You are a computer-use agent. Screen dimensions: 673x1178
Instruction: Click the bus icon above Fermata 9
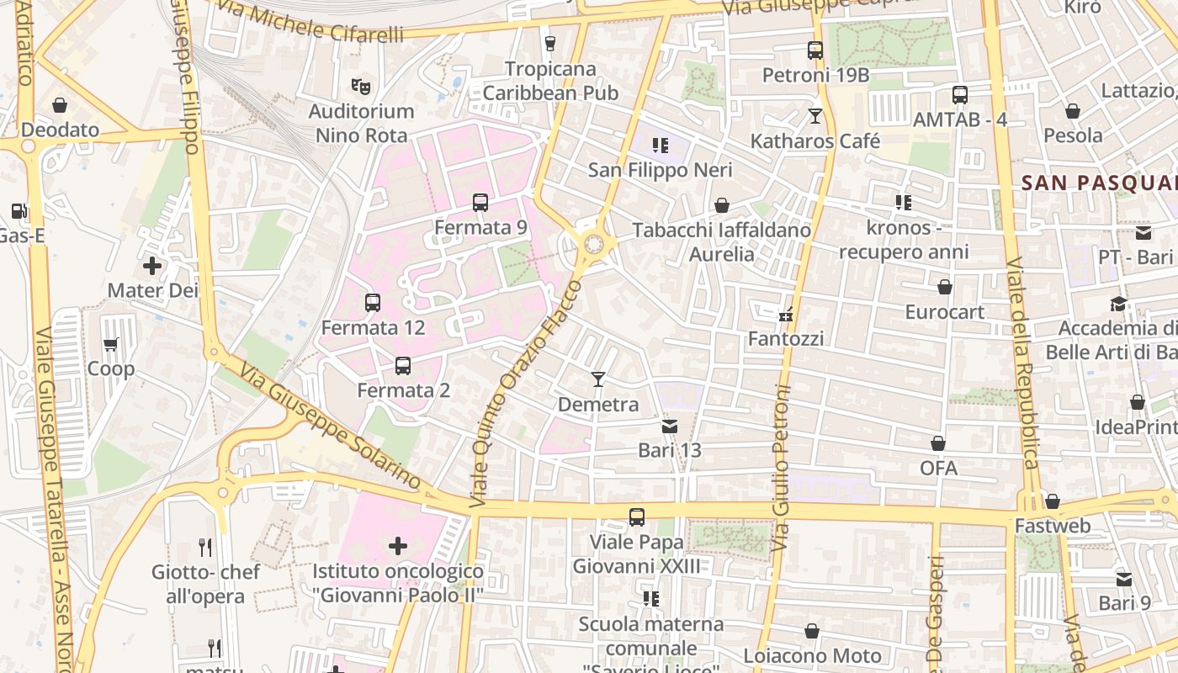point(480,203)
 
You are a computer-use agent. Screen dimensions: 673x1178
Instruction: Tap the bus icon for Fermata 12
point(373,303)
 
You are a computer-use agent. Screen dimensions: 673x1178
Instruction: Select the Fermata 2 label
point(403,390)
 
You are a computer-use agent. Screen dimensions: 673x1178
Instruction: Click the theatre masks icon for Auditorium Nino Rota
point(361,86)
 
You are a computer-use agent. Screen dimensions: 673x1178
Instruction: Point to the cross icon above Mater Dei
point(152,267)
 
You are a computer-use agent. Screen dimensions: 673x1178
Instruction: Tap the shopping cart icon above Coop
point(110,345)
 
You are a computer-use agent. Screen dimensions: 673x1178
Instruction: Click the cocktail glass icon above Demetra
point(598,379)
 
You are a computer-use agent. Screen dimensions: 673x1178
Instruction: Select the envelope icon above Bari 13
point(670,427)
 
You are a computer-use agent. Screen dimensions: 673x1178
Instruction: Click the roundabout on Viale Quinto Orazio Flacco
point(594,245)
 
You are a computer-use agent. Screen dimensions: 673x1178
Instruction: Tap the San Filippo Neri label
point(660,170)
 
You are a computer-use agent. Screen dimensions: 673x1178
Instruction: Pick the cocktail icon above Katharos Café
point(815,116)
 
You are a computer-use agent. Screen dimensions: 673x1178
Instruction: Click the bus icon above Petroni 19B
point(815,50)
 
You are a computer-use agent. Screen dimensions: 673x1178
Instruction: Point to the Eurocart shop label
point(944,312)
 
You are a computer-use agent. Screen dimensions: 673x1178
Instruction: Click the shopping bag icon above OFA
point(938,443)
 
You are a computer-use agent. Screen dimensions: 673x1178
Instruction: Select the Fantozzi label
point(786,339)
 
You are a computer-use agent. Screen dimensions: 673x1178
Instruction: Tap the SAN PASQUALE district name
point(1098,183)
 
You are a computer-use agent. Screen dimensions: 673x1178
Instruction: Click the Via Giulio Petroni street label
point(783,468)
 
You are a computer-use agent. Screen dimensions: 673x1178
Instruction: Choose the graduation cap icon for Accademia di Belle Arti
point(1118,304)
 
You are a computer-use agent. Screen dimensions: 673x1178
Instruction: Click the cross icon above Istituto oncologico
point(398,547)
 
